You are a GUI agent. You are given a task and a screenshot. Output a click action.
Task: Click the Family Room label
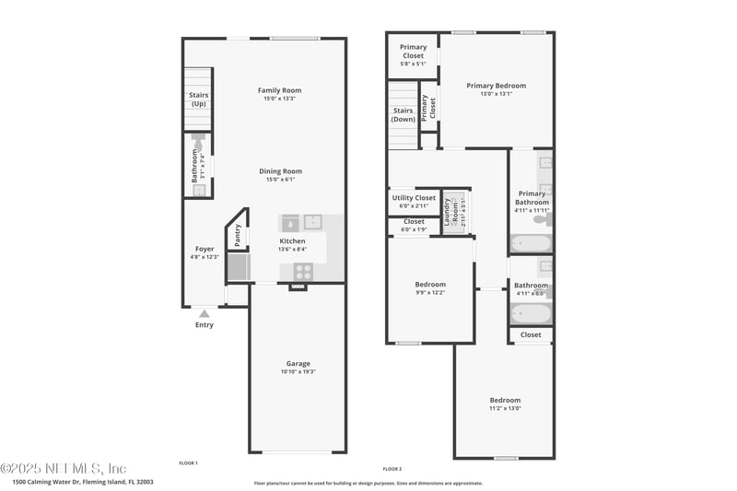coord(279,90)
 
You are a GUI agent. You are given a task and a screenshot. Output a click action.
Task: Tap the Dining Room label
coord(279,171)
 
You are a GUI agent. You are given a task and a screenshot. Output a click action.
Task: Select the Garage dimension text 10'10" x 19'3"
coord(298,371)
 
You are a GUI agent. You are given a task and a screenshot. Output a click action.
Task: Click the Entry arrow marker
coord(204,314)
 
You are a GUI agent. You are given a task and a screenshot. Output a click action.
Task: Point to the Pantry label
coord(238,236)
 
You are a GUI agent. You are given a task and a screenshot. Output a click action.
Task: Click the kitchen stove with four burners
coord(303,271)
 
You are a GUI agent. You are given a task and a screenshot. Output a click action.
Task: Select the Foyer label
coord(204,249)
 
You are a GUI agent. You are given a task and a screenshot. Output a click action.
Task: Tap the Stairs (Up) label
coord(198,99)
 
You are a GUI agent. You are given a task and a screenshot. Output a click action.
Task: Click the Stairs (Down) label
coord(403,114)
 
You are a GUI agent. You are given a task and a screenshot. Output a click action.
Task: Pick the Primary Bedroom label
coord(496,85)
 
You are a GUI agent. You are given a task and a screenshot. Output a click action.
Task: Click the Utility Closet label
coord(414,198)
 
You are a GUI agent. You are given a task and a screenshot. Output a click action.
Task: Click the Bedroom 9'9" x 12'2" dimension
coord(429,292)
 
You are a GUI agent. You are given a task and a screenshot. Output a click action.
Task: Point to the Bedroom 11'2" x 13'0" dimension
coord(504,408)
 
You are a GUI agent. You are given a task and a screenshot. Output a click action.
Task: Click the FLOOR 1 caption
coord(188,462)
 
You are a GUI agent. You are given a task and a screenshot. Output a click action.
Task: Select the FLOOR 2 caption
coord(392,469)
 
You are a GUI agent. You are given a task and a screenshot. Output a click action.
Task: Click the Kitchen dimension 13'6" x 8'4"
coord(292,249)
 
